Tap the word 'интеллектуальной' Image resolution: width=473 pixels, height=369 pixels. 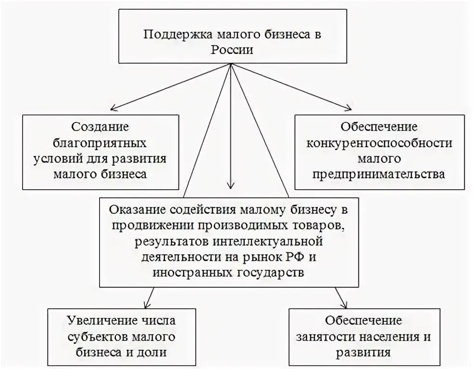coord(280,241)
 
